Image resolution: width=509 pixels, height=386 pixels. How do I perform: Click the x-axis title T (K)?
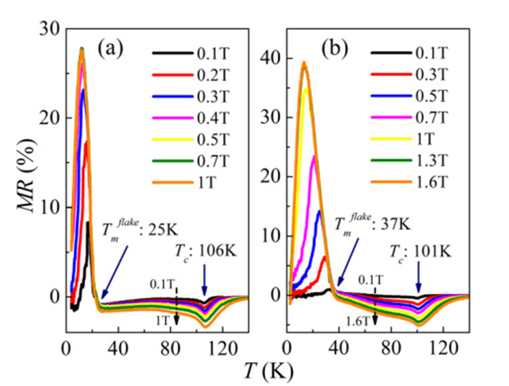click(256, 366)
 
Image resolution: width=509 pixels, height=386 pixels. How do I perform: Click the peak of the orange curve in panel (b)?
click(304, 63)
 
